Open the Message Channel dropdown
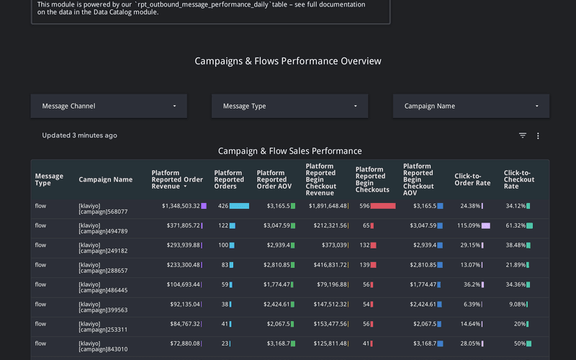click(x=109, y=106)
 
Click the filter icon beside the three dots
click(x=523, y=135)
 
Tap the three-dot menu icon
click(x=538, y=135)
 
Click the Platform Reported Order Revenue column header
click(x=176, y=179)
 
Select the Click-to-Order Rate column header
click(x=472, y=179)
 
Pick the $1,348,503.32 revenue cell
click(x=181, y=206)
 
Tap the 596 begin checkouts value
click(x=364, y=206)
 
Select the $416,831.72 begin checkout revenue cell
click(x=326, y=265)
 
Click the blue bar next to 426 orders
click(x=239, y=206)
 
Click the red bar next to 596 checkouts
click(x=383, y=206)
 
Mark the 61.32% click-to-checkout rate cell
click(x=515, y=225)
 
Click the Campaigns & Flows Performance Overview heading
click(x=288, y=61)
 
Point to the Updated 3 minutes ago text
click(x=79, y=135)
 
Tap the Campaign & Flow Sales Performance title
click(x=289, y=150)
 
